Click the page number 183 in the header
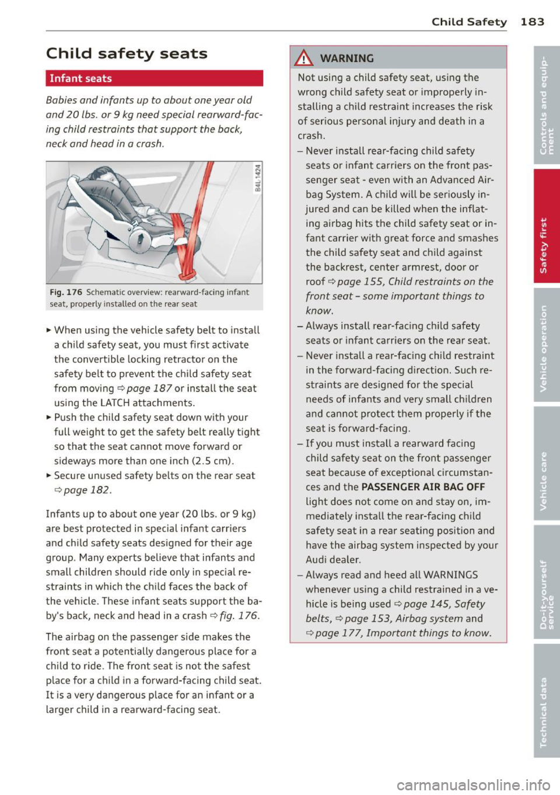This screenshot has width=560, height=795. (532, 22)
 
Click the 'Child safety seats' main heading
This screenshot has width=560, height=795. (127, 54)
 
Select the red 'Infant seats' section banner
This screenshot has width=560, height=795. (154, 78)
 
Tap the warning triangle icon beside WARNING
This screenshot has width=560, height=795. (304, 58)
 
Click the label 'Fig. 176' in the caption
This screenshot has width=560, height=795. (66, 293)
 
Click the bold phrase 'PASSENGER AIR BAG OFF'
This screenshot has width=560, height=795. (423, 487)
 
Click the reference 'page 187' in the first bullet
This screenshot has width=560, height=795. (149, 388)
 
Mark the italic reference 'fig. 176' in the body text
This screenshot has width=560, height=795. (239, 616)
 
